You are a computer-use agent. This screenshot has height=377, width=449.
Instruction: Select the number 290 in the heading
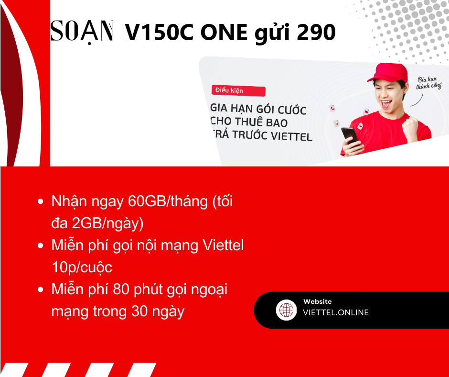point(316,32)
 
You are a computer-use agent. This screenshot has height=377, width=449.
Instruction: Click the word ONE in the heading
point(224,32)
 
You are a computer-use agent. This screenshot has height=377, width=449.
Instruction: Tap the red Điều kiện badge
point(238,91)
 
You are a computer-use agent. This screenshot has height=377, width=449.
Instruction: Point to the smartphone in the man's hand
point(350,136)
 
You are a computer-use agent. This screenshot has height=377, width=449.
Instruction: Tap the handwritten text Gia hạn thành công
point(428,83)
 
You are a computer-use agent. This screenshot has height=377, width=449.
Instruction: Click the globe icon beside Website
point(286,310)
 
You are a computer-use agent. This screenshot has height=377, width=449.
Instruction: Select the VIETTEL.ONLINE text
point(336,312)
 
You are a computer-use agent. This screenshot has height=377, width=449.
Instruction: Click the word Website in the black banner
point(318,301)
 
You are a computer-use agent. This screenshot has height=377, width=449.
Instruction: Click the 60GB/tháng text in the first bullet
point(168,201)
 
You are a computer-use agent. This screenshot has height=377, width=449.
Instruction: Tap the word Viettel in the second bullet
point(223,245)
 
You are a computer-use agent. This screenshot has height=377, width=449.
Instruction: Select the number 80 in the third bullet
point(121,289)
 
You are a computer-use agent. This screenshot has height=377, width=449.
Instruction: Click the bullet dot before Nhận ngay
point(41,201)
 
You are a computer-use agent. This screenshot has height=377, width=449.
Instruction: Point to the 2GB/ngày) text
point(107,223)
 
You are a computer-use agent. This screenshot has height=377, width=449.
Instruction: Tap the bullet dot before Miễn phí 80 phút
point(41,289)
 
